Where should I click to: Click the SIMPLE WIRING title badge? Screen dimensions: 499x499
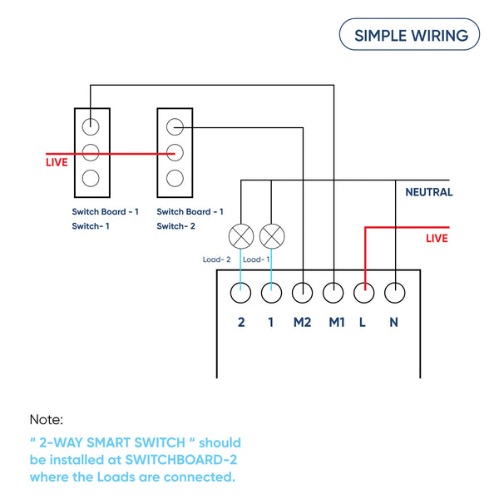click(409, 35)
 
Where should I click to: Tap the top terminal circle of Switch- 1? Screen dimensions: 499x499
click(91, 126)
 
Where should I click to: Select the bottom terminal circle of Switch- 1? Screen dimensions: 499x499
click(91, 177)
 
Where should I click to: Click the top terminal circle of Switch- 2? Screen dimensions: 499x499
click(175, 126)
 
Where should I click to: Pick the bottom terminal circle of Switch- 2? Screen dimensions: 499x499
click(175, 177)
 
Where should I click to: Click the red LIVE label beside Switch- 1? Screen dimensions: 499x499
click(57, 162)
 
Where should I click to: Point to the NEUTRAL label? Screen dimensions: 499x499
click(428, 192)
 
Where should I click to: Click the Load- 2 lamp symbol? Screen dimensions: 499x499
click(241, 236)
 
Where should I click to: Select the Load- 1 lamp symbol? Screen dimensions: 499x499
click(271, 236)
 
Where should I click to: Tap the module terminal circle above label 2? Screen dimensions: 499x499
click(241, 293)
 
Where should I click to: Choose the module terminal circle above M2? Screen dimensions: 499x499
click(303, 293)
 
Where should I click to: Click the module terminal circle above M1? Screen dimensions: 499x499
click(333, 293)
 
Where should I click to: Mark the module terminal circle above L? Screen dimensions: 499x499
click(363, 293)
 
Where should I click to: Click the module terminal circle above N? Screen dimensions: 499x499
click(394, 293)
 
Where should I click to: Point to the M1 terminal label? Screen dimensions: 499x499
click(335, 322)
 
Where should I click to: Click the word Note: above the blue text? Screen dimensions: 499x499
click(47, 420)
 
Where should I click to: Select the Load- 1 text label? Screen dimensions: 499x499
click(256, 259)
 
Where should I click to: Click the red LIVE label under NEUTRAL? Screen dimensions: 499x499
click(437, 239)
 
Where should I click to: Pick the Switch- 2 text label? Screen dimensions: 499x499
click(175, 226)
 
